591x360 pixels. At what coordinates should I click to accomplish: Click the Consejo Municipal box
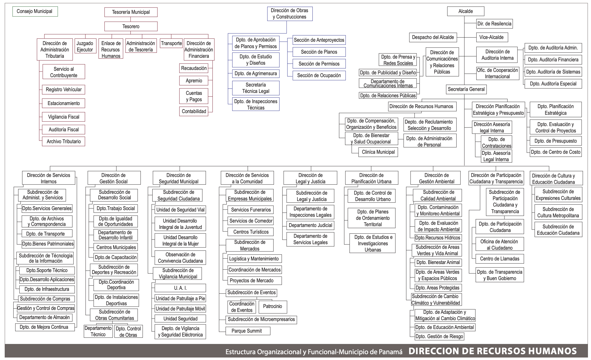35,12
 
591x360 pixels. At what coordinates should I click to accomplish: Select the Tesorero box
131,27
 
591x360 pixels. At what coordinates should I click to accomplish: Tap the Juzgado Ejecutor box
85,46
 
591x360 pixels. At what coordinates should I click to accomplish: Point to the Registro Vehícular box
64,90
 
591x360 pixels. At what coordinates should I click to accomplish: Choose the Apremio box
194,81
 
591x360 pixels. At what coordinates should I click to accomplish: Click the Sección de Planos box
319,52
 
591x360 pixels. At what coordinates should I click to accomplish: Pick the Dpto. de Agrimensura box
256,74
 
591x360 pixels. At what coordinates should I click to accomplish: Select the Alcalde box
466,11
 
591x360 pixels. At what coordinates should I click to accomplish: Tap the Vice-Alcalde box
491,37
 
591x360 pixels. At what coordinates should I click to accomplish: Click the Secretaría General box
466,89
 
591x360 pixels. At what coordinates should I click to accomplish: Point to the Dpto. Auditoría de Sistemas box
553,72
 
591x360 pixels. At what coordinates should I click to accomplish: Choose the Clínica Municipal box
378,152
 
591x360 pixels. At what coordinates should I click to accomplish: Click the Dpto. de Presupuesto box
556,141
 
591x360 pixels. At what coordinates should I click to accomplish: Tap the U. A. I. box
180,288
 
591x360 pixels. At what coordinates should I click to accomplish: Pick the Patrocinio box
272,306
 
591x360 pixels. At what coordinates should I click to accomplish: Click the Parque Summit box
247,331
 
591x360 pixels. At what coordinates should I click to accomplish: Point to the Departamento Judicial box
310,225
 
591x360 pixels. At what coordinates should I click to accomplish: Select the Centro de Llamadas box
500,259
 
